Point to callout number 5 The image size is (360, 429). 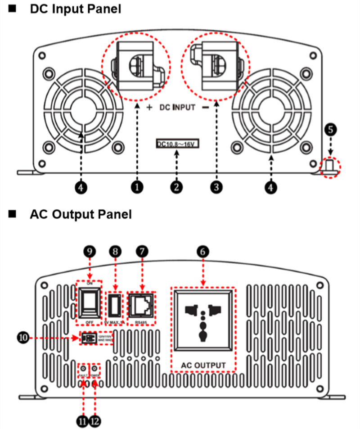pyautogui.click(x=330, y=130)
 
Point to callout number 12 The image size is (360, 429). pyautogui.click(x=95, y=421)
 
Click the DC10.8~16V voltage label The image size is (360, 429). pyautogui.click(x=177, y=144)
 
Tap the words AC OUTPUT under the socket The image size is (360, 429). pyautogui.click(x=203, y=364)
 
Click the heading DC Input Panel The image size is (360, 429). pyautogui.click(x=75, y=9)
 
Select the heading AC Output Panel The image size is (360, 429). pyautogui.click(x=81, y=214)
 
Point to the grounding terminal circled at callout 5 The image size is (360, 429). pyautogui.click(x=331, y=166)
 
